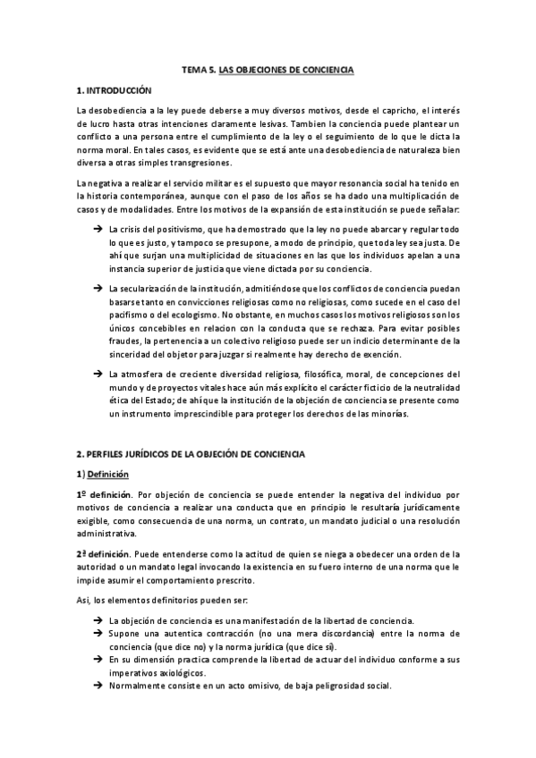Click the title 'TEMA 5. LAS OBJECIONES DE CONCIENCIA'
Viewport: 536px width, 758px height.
pos(268,69)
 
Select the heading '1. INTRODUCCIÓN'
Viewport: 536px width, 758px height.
pos(115,90)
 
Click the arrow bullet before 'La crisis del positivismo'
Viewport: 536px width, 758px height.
pos(97,230)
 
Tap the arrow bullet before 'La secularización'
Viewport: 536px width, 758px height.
pos(97,288)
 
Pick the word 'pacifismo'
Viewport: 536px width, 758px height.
pos(126,314)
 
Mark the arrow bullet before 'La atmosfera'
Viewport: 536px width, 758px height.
pos(97,372)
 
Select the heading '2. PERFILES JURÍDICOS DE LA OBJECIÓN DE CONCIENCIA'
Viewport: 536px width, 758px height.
pos(191,454)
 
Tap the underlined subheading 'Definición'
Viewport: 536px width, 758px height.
pos(109,474)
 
